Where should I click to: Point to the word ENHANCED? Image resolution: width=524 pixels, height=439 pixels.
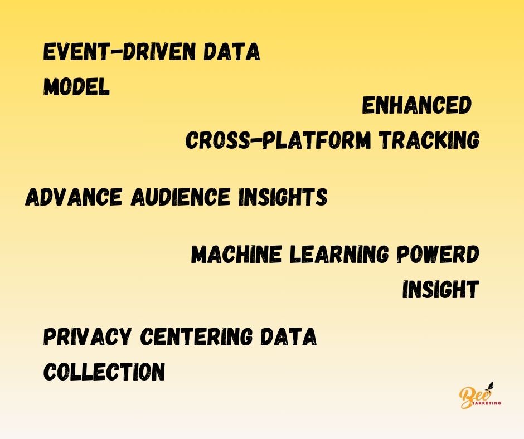tap(416, 106)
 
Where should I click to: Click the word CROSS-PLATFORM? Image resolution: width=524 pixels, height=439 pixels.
tap(278, 140)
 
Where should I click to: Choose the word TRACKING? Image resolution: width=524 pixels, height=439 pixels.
tap(428, 140)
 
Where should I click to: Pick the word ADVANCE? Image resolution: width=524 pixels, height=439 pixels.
tap(74, 197)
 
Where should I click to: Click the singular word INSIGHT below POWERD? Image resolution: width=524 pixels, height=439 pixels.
tap(440, 290)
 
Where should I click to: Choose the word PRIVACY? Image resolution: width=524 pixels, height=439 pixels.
tap(87, 338)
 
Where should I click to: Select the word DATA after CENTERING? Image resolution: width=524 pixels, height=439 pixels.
tap(294, 338)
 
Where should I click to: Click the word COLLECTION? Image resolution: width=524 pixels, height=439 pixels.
tap(104, 372)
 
